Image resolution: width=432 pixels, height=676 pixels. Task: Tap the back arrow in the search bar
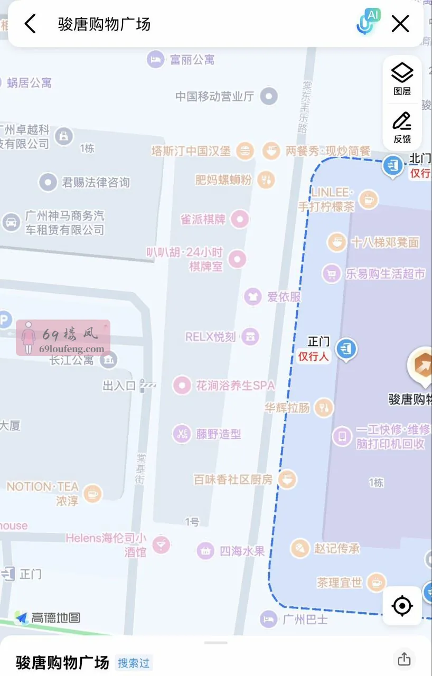click(x=30, y=24)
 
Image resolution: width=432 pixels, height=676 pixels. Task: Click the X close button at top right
click(x=400, y=24)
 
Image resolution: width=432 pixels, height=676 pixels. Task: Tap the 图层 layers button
click(x=402, y=79)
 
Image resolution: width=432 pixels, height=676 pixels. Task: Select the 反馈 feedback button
click(x=402, y=127)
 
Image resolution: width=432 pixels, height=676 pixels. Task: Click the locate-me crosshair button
click(x=402, y=606)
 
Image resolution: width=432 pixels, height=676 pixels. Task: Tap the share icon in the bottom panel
click(x=404, y=659)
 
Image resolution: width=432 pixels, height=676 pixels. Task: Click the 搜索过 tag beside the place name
click(x=134, y=663)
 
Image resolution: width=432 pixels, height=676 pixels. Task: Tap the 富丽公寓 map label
click(x=192, y=60)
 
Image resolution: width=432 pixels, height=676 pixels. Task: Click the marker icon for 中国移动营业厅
click(x=270, y=96)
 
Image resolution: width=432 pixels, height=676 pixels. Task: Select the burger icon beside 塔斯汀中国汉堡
click(x=245, y=151)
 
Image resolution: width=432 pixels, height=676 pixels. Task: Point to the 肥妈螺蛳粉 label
click(x=223, y=180)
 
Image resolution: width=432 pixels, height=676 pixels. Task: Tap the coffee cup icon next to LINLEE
click(x=368, y=200)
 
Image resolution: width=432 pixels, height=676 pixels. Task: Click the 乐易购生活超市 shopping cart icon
click(x=332, y=274)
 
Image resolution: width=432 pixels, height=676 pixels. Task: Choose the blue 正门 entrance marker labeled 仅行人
click(x=346, y=349)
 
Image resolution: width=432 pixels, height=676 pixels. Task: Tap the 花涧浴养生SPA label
click(x=236, y=386)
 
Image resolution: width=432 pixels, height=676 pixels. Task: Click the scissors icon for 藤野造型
click(x=182, y=434)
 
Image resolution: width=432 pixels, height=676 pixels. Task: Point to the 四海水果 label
click(x=242, y=551)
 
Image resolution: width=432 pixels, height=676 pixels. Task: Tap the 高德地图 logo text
click(x=55, y=617)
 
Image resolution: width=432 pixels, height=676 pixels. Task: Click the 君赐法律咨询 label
click(x=96, y=183)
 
